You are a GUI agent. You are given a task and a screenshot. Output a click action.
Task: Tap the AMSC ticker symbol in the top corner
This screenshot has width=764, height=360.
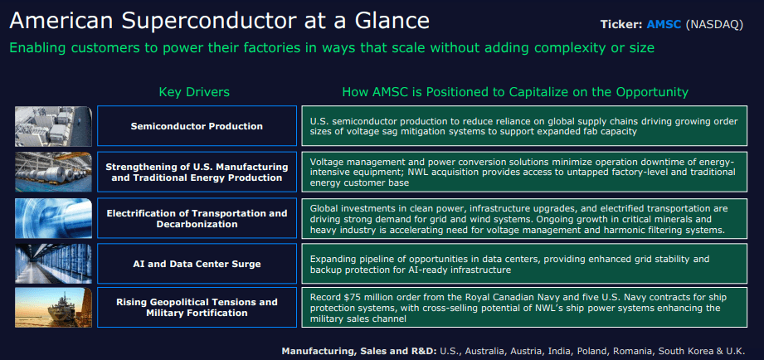coord(664,24)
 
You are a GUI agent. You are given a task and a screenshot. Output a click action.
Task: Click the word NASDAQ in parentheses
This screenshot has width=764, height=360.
coord(716,24)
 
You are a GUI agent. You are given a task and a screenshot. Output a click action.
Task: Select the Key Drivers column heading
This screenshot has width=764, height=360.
coord(194,91)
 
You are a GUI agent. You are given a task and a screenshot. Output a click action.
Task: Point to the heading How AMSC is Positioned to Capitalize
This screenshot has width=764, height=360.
coord(515,91)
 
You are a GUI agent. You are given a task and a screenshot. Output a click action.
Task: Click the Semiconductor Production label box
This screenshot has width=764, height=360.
coord(197,126)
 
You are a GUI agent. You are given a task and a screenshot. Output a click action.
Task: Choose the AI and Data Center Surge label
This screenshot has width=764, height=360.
coord(197,264)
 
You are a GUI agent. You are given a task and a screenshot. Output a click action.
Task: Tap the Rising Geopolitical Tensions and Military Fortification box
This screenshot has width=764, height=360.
coord(197,307)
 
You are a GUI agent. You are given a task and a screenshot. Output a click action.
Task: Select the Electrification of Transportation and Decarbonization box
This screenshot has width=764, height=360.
coord(197,219)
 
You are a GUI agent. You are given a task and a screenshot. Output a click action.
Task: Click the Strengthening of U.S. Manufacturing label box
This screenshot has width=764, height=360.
coord(197,172)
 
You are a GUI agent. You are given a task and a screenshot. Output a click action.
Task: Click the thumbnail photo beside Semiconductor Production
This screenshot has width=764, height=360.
coord(52,126)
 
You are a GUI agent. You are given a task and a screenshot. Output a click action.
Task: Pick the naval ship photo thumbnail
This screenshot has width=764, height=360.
coord(52,307)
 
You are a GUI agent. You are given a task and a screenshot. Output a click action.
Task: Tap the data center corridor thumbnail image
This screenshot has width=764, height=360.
coord(52,264)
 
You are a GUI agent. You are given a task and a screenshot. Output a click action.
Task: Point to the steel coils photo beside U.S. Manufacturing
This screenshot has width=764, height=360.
coord(52,172)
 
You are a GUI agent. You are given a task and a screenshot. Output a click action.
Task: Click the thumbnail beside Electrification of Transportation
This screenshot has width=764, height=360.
coord(52,219)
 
